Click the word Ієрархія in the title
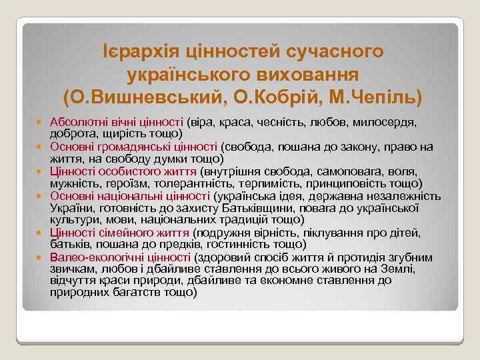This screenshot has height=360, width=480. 138,51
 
